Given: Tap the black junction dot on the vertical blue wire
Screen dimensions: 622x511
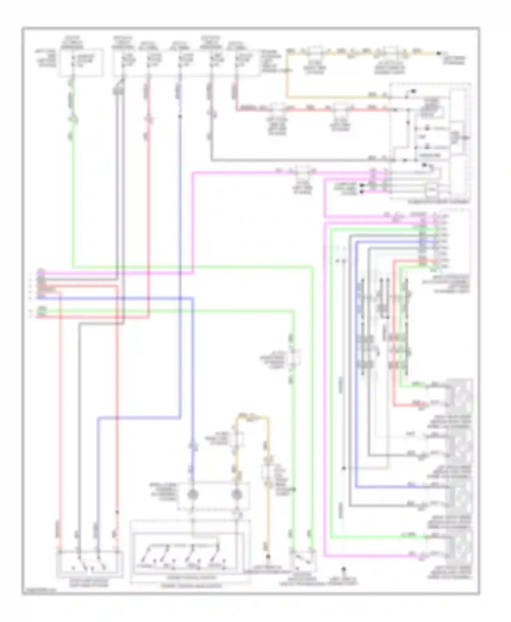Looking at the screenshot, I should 180,116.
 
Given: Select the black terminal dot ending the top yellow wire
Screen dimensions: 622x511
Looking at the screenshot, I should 439,53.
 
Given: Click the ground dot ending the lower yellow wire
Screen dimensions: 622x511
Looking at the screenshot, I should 268,557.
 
